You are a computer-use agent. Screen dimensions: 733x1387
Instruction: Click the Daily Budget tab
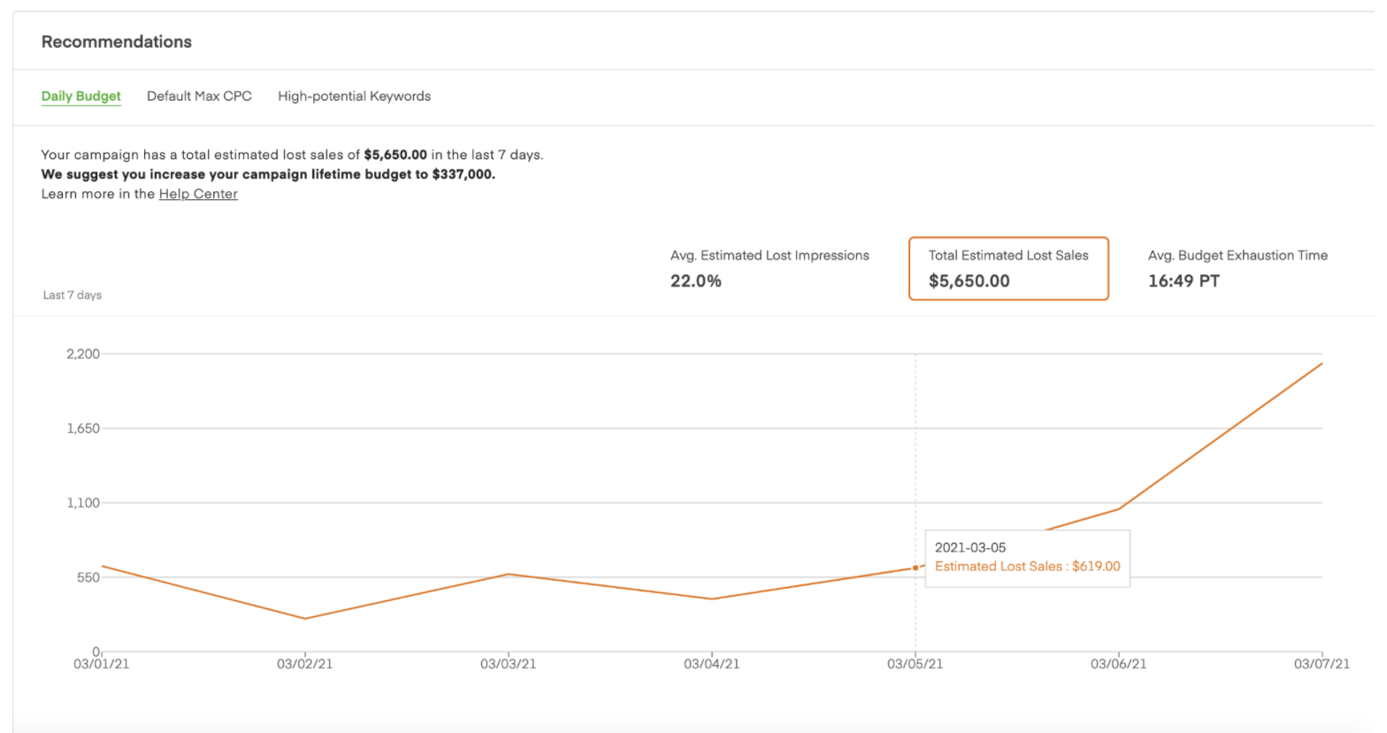coord(80,96)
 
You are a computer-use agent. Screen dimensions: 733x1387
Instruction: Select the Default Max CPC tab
coord(199,96)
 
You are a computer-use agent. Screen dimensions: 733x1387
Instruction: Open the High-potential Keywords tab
coord(354,96)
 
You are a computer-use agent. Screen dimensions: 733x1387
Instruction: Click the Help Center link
coord(198,194)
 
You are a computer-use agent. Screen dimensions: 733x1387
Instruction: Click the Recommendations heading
coord(116,42)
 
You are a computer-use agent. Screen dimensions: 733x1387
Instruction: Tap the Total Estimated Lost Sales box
coord(1008,268)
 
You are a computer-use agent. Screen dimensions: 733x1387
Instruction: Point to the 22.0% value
coord(695,282)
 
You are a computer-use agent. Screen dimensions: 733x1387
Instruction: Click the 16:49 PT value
coord(1184,282)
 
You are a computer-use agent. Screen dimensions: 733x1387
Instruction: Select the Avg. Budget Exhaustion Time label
coord(1238,255)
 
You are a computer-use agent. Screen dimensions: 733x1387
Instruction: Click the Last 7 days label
coord(73,295)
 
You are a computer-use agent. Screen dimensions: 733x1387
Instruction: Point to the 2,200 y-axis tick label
coord(83,354)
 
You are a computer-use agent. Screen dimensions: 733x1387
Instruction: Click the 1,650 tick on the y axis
coord(83,428)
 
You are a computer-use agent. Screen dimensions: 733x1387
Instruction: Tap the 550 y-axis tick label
coord(88,577)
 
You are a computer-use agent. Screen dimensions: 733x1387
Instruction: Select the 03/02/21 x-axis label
coord(305,664)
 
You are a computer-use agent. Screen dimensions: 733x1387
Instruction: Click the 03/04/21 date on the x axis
coord(712,664)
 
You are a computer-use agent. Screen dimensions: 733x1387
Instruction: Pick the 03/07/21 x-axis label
coord(1322,664)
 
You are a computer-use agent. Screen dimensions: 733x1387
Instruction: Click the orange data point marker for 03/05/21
coord(916,568)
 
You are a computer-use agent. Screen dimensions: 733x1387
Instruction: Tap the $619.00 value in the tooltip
coord(1096,567)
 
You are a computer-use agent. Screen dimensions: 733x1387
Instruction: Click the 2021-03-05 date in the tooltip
coord(970,547)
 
